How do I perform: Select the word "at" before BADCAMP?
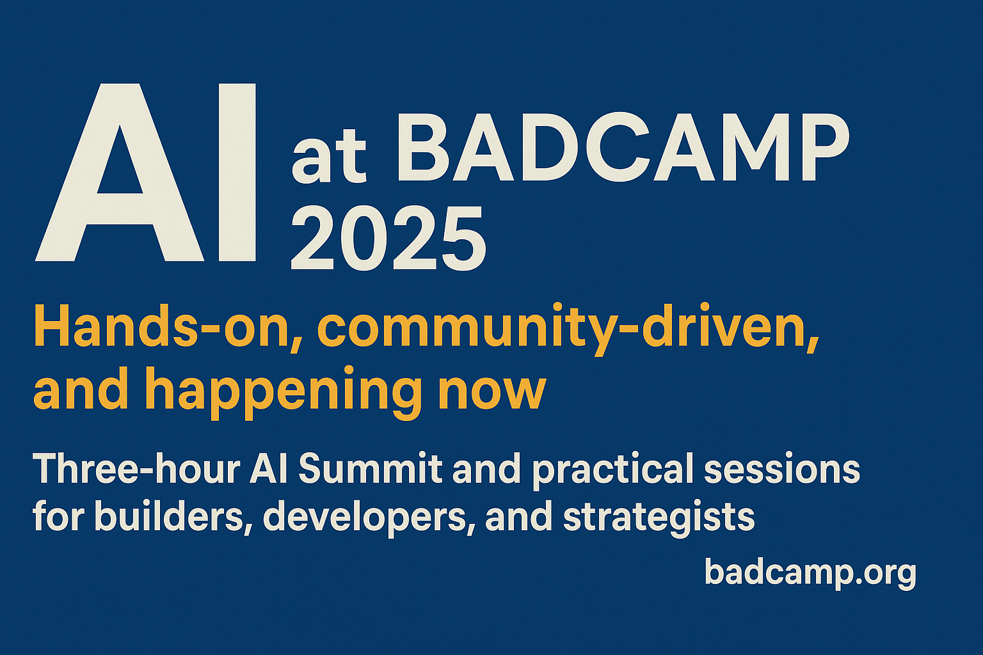pos(329,155)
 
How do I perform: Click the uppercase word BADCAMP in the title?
pos(623,146)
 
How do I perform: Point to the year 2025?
pos(388,238)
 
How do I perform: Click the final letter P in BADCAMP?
pos(823,146)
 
